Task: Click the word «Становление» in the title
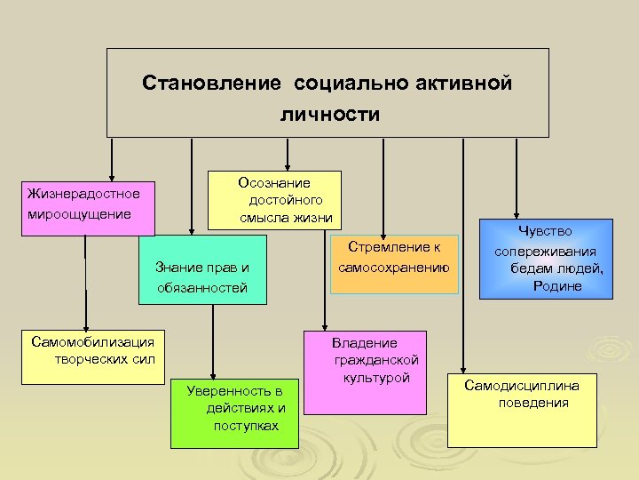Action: pos(209,84)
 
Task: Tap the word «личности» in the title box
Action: pos(329,115)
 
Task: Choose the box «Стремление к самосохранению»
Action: pos(393,263)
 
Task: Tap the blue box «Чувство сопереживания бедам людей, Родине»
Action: pos(546,260)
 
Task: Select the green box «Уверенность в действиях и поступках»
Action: pos(234,409)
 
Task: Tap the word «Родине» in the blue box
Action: pos(557,285)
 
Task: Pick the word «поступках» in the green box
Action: pos(246,426)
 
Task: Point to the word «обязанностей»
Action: pos(201,288)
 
